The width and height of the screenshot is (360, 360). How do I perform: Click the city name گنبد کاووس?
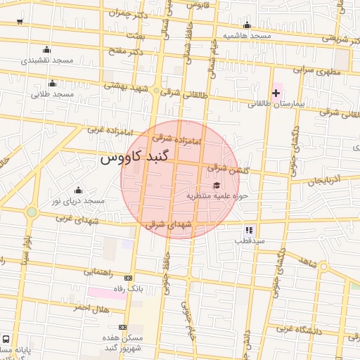(x=137, y=157)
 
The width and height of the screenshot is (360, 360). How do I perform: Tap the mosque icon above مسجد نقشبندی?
(x=46, y=49)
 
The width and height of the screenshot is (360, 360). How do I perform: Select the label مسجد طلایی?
(x=52, y=94)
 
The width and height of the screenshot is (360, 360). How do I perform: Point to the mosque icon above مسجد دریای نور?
(x=77, y=190)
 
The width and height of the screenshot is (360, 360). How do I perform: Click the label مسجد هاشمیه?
(x=247, y=35)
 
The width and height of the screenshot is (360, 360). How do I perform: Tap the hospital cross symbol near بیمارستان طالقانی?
(x=276, y=93)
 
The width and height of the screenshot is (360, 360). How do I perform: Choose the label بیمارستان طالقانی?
(x=274, y=103)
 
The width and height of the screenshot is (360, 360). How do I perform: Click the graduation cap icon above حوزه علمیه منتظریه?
(x=215, y=184)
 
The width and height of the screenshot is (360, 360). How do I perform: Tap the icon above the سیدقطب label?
(x=249, y=230)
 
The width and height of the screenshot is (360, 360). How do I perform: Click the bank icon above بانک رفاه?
(x=127, y=278)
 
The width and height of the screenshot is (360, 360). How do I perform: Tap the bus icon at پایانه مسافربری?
(x=6, y=339)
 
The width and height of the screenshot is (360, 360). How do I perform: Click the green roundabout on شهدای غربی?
(x=31, y=212)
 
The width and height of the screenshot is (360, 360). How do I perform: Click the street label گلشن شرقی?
(x=227, y=168)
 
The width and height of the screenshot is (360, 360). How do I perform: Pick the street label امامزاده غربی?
(x=107, y=130)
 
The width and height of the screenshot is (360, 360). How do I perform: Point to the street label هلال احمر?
(x=91, y=308)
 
